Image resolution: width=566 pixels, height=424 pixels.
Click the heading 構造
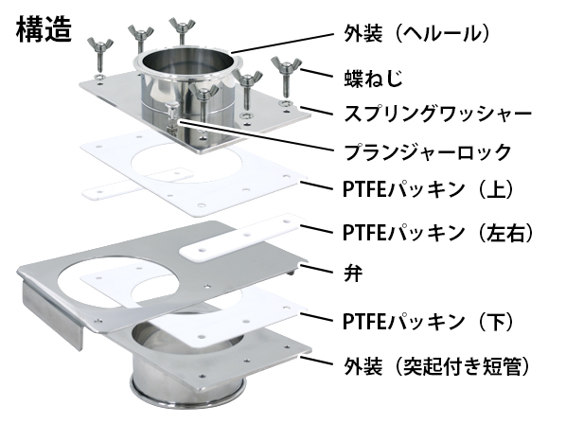pos(44,29)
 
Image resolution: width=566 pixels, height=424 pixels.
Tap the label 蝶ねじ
pos(373,78)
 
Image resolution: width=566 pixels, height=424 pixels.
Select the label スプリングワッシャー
pos(437,114)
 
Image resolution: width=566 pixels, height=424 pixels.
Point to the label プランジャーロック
pos(428,151)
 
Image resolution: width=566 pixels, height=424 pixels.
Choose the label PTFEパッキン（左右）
pos(438,232)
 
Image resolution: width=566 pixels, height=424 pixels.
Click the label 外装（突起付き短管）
pos(437,367)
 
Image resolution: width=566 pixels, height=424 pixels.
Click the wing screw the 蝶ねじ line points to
pos(286,75)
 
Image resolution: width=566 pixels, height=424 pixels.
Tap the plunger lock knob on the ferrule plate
pos(171,114)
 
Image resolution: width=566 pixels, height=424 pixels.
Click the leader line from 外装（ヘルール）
pos(283,44)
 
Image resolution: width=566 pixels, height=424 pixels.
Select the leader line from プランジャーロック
pos(256,135)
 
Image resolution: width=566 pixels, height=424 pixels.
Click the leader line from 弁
pos(315,269)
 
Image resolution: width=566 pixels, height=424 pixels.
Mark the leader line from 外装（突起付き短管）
pos(316,361)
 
